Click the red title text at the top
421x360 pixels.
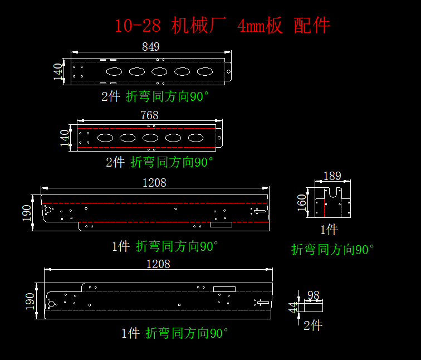pos(222,25)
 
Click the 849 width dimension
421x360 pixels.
pos(150,47)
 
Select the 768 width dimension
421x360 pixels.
pos(149,115)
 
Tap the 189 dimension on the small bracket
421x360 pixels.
pos(332,176)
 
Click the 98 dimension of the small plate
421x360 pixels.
pos(314,295)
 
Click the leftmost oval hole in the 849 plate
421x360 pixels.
pos(114,71)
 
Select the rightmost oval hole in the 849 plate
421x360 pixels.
pos(204,71)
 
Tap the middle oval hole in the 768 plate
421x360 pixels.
pos(150,138)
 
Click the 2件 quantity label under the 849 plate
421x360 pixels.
pos(110,96)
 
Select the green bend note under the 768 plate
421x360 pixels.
pos(172,162)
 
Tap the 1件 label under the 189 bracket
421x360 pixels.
pos(329,229)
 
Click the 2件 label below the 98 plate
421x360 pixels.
pos(312,325)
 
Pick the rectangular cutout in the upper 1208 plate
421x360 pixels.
pos(221,225)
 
